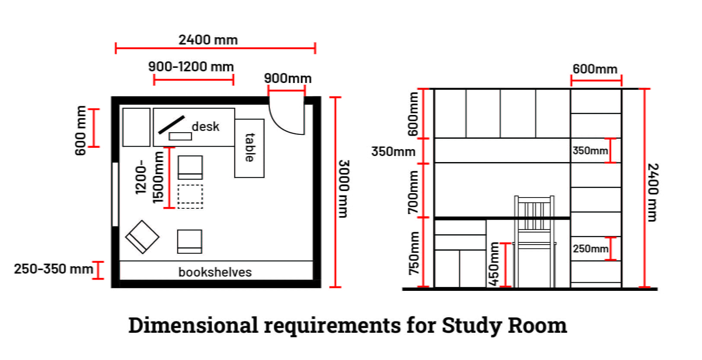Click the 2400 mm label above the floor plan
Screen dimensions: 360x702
[208, 40]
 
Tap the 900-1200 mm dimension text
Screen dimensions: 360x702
[191, 67]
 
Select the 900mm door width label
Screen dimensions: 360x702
[287, 78]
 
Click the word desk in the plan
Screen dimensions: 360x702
[205, 127]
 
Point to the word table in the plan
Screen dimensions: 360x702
[249, 147]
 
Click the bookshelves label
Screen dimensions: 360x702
[215, 272]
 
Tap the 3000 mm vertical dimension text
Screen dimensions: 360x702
[344, 188]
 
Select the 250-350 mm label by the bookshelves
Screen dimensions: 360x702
[53, 269]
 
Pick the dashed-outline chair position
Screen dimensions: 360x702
[190, 196]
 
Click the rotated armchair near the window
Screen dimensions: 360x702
[142, 236]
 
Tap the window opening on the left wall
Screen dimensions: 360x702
[115, 194]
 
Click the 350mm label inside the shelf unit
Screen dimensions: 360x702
[590, 151]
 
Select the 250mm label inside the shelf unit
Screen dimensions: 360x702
[590, 249]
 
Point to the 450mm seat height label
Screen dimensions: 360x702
[494, 264]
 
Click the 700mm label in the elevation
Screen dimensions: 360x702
[414, 191]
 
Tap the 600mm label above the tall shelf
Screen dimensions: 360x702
[595, 69]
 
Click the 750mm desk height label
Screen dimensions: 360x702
[414, 253]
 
